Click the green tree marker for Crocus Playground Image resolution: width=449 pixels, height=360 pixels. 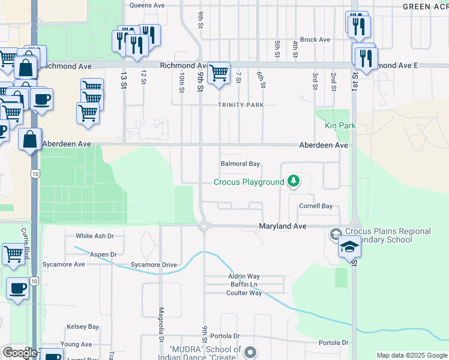294,181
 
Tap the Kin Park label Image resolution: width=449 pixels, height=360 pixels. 340,125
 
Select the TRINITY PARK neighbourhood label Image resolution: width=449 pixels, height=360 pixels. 241,104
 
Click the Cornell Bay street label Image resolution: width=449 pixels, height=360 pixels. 316,206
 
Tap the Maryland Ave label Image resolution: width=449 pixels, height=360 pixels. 282,226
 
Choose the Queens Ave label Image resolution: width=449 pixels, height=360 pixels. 147,5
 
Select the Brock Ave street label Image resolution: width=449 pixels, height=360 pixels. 315,40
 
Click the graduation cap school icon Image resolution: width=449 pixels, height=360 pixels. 349,247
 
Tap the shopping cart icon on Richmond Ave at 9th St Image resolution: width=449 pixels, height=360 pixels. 218,74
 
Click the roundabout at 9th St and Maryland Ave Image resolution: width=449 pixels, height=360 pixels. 204,226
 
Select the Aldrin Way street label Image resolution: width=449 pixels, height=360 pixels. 244,276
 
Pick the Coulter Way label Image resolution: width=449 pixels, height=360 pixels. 244,293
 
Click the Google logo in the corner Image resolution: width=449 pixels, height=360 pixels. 19,353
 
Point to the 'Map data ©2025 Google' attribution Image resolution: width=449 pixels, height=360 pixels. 411,355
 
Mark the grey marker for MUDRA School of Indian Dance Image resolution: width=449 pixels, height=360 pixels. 250,352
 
